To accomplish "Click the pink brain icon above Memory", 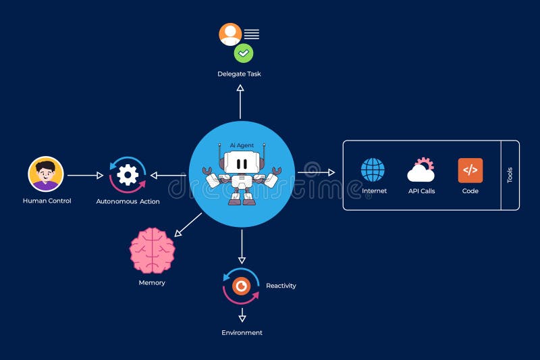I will tap(152, 251).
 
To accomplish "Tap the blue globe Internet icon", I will tap(373, 170).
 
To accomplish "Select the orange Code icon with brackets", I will tap(470, 170).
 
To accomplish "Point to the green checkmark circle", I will tap(243, 53).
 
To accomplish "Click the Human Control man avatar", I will tap(46, 174).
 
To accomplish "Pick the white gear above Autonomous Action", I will tap(128, 175).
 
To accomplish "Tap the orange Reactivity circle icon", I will tap(241, 286).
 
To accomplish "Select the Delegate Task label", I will tap(239, 74).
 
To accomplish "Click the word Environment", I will tap(242, 333).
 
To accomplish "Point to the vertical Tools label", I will tap(510, 176).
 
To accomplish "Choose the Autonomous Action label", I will tap(128, 201).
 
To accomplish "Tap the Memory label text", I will tap(152, 282).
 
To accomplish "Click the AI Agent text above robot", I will tap(241, 145).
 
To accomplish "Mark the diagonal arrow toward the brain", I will tap(188, 224).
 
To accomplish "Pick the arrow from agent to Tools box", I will tap(316, 172).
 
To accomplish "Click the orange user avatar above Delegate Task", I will tap(230, 34).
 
